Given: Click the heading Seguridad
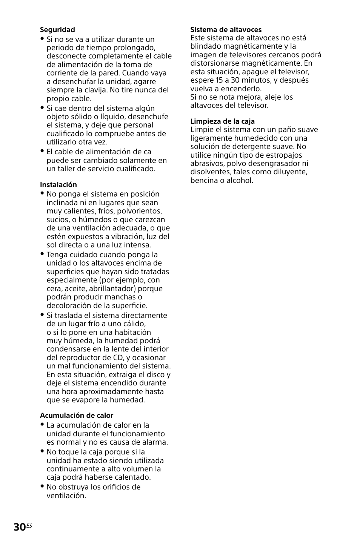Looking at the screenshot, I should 57,29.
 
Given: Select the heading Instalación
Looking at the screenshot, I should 58,184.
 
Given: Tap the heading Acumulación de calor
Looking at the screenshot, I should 77,415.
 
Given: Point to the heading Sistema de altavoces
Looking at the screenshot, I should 226,29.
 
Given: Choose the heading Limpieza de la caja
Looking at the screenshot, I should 222,121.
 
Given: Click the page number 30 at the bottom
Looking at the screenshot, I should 19,527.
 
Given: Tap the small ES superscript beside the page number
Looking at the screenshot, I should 29,525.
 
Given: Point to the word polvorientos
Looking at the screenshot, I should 140,211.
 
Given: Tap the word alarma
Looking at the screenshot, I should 155,442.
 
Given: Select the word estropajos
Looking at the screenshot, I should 281,155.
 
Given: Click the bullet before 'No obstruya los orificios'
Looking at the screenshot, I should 42,486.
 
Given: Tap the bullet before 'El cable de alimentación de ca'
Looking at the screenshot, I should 42,151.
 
